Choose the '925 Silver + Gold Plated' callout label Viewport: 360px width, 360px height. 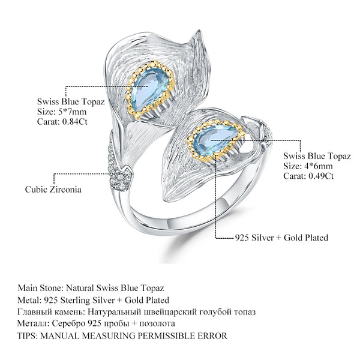281,238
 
